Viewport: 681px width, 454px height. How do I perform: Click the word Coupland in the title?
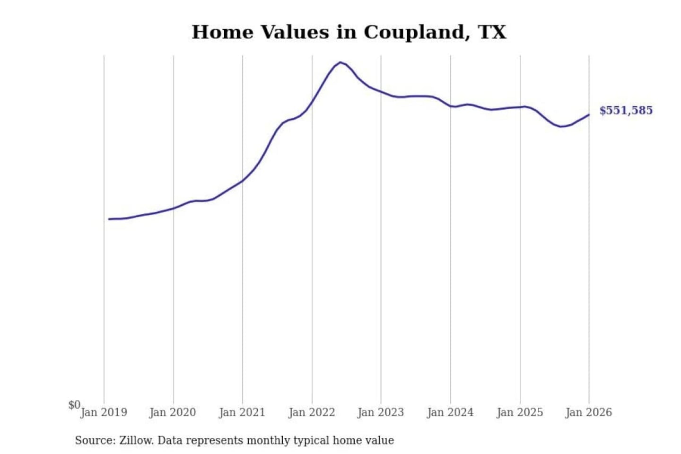[x=414, y=32]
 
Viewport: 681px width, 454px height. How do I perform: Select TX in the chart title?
[x=492, y=32]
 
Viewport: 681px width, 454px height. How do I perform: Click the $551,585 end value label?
[x=626, y=110]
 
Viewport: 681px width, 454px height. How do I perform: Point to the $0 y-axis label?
[x=74, y=405]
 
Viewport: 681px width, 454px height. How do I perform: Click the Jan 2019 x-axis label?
[x=104, y=412]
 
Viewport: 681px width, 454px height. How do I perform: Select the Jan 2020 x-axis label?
[x=173, y=412]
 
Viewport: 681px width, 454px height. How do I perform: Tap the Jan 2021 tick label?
[x=242, y=412]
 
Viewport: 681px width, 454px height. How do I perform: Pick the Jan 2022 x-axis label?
[x=312, y=412]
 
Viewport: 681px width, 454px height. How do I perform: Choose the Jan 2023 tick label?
[x=381, y=412]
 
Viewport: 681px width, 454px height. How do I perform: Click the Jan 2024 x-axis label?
[x=450, y=412]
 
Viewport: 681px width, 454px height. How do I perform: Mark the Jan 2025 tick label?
[x=520, y=412]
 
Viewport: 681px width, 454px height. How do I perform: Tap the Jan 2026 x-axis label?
[x=589, y=412]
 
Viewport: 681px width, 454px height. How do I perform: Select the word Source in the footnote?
[x=95, y=440]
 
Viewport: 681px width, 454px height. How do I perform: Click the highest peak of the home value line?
[x=340, y=62]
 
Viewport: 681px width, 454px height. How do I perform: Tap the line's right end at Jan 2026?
[x=589, y=114]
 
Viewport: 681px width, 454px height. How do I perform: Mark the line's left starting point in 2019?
[x=109, y=219]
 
